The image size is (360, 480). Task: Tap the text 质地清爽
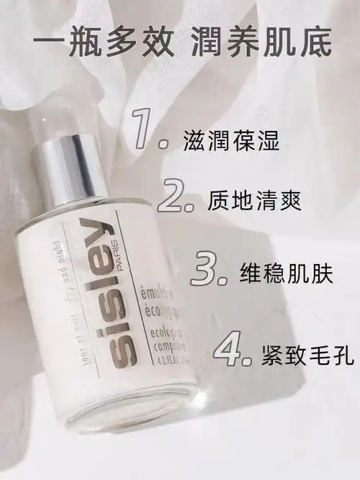tap(252, 202)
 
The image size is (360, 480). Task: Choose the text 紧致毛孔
tap(304, 353)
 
